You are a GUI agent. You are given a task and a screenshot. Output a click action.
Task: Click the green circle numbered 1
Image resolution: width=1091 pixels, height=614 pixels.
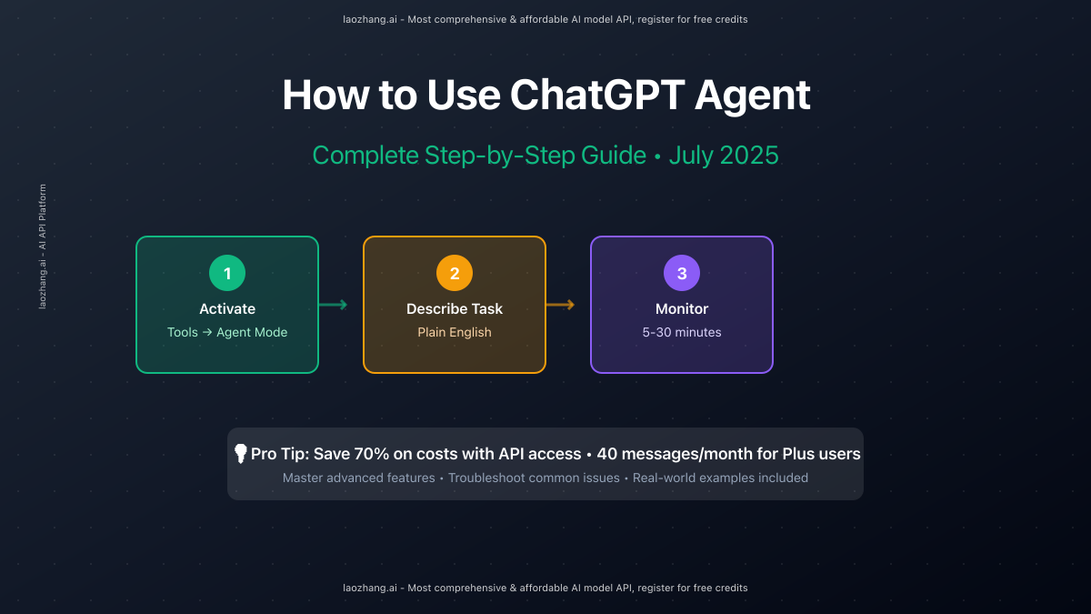pos(227,273)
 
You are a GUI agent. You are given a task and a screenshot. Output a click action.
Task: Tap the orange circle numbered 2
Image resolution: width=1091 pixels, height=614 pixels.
pos(455,273)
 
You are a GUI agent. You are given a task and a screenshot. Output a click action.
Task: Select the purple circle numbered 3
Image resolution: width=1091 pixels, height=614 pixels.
pos(682,273)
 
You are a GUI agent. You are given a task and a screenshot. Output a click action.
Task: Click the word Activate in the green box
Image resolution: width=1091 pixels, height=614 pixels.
pos(227,309)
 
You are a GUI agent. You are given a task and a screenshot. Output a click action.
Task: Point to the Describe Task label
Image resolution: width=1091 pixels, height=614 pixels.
pos(455,309)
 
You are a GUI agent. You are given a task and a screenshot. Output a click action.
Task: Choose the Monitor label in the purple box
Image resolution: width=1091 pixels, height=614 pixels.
pos(682,309)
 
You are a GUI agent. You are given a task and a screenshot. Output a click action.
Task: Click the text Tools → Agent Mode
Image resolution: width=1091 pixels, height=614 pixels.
pos(227,333)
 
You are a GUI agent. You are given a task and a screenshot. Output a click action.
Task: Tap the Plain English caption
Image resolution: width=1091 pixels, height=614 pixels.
pos(455,333)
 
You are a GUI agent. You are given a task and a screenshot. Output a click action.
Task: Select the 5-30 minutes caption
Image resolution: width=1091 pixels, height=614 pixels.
pos(682,333)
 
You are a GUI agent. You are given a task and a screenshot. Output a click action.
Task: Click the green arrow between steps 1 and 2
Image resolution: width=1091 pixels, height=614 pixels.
pos(334,305)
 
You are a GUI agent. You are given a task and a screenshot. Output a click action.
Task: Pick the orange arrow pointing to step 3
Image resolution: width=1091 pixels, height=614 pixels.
pos(561,305)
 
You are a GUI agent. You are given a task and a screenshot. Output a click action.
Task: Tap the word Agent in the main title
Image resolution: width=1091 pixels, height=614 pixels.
pos(752,96)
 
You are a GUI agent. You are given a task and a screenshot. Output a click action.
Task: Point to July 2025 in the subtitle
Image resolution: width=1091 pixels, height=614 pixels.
pos(724,156)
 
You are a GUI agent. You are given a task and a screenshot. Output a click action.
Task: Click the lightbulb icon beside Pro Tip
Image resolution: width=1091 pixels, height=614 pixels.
pos(241,453)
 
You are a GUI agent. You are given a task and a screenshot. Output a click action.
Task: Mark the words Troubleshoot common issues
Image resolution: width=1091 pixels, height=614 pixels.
pos(534,478)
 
